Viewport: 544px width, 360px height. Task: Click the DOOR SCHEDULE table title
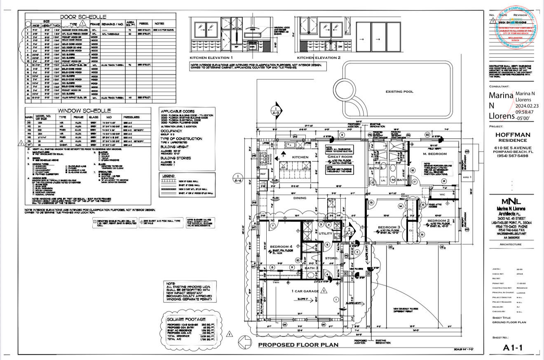tap(83, 17)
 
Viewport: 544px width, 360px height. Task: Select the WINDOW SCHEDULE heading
tap(84, 111)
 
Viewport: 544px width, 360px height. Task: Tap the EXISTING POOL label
tap(399, 92)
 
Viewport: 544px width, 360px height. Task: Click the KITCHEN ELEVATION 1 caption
tap(211, 57)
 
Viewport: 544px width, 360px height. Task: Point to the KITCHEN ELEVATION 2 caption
tap(319, 57)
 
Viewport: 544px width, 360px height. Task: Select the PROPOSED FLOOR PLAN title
tap(298, 345)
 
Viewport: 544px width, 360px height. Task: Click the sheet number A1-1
tap(513, 348)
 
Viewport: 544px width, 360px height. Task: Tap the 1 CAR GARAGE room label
tap(305, 291)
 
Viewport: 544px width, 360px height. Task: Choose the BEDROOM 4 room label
tap(282, 247)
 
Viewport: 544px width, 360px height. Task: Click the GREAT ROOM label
tap(340, 157)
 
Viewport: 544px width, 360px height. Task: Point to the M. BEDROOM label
tap(435, 154)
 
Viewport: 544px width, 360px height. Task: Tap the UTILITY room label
tap(325, 233)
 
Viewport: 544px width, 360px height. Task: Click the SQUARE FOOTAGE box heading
tap(186, 319)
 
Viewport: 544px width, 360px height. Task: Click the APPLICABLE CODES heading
tap(177, 111)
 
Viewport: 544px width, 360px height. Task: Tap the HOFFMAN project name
tap(513, 134)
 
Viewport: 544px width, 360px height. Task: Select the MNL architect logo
tap(512, 202)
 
